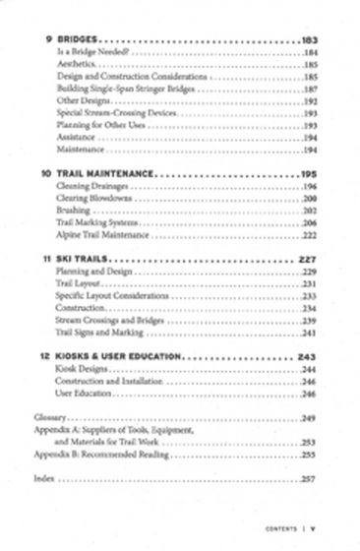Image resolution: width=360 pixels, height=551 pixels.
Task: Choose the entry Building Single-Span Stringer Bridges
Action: tap(121, 88)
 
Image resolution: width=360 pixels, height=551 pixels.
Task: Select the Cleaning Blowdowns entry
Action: tap(94, 197)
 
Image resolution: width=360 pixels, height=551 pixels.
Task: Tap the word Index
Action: tap(44, 479)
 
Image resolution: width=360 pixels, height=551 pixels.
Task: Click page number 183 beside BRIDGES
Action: tap(313, 41)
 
